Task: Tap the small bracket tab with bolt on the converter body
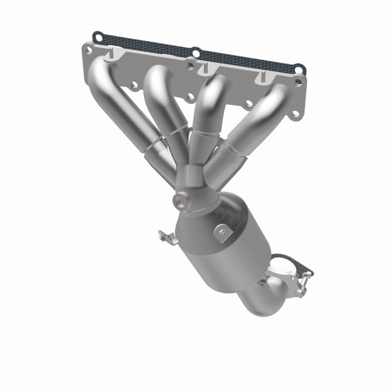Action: click(x=223, y=232)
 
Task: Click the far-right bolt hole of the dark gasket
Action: click(x=299, y=69)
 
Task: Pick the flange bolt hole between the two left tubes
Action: click(x=133, y=85)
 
